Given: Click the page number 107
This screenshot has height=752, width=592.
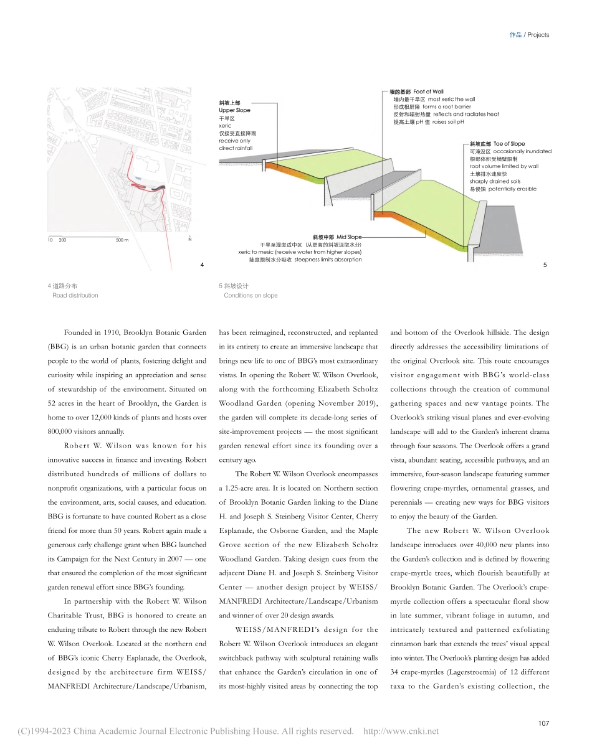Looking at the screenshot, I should (543, 723).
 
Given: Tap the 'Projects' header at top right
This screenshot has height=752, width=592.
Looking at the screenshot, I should (538, 35).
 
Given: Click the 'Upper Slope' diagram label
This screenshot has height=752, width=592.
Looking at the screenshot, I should (234, 110).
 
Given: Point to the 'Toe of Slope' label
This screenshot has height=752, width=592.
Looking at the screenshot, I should (509, 144).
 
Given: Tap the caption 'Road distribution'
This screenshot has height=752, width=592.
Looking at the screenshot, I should (75, 295).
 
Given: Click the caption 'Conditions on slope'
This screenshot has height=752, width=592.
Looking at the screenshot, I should (251, 295).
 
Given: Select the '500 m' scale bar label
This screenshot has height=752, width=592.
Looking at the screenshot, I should (122, 240).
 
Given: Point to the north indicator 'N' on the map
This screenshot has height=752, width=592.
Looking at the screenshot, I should (189, 240).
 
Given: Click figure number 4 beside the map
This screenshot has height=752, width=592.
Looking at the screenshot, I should (202, 265).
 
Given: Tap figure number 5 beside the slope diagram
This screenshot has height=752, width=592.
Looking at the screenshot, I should (545, 265).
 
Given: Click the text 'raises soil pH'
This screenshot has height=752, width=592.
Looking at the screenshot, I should (448, 122).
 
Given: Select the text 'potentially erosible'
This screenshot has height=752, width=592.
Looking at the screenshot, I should (512, 189).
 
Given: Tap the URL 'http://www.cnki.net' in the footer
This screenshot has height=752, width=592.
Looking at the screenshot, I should (401, 731).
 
